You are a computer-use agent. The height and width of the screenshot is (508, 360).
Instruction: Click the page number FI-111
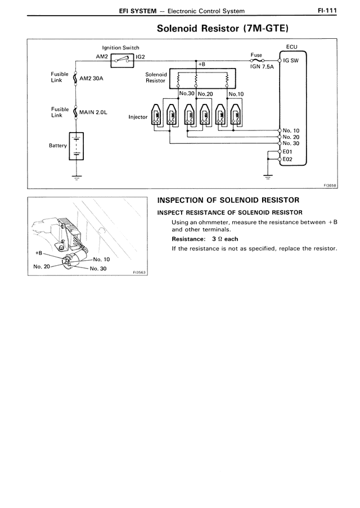point(327,10)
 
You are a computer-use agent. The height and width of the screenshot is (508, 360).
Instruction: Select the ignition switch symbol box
point(122,61)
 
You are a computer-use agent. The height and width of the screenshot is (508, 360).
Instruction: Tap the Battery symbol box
point(76,146)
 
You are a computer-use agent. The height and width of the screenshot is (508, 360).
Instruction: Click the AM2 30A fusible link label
point(91,78)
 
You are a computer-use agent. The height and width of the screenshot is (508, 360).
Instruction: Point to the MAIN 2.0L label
point(93,112)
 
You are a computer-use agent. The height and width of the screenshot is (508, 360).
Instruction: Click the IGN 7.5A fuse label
point(262,67)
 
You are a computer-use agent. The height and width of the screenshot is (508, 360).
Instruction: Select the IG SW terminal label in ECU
point(291,61)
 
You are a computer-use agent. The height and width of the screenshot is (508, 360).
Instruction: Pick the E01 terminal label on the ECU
point(287,152)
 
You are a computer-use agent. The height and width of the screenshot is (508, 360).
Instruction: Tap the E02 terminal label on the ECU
point(287,159)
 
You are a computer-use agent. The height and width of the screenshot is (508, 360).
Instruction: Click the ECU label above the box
point(291,47)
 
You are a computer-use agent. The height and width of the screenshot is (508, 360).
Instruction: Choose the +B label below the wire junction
point(202,65)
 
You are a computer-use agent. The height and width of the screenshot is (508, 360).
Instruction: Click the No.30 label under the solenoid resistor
point(187,93)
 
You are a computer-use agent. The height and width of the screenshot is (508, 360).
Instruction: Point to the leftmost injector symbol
point(156,115)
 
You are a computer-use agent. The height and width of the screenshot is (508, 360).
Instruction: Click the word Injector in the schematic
point(138,117)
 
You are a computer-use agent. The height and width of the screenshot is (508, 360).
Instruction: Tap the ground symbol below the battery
point(76,178)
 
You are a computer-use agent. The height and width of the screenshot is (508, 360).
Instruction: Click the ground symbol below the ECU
point(268,177)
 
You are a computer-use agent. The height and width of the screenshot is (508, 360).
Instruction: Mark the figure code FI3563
point(140,273)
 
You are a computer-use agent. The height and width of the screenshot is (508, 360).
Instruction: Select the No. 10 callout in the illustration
point(101,259)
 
